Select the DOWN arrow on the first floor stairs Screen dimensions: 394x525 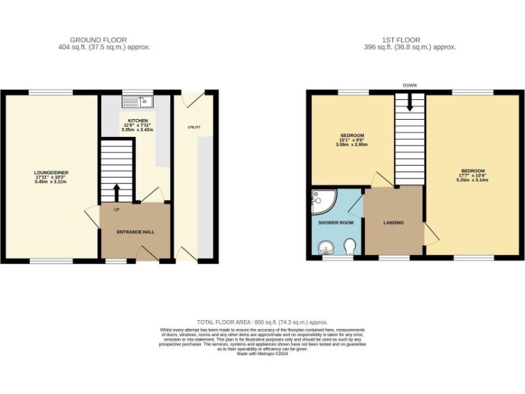(x=409, y=103)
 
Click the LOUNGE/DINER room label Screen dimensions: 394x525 (x=52, y=172)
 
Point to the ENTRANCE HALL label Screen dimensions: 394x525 (x=135, y=232)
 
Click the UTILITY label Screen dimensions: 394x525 (x=194, y=127)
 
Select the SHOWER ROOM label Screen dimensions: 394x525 (x=336, y=222)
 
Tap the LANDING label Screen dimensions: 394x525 (x=393, y=222)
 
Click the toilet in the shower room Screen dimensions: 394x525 (x=350, y=246)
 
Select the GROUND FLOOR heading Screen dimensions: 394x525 (x=98, y=40)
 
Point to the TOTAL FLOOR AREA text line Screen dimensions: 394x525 (x=262, y=321)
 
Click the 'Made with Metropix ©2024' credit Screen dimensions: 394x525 (x=262, y=354)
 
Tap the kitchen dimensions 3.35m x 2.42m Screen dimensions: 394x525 (x=137, y=129)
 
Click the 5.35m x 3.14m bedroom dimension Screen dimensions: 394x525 (x=472, y=180)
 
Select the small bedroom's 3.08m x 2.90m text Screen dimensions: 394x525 (x=352, y=144)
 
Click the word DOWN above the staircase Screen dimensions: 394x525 (x=409, y=86)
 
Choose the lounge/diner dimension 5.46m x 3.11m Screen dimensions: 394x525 (x=52, y=182)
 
